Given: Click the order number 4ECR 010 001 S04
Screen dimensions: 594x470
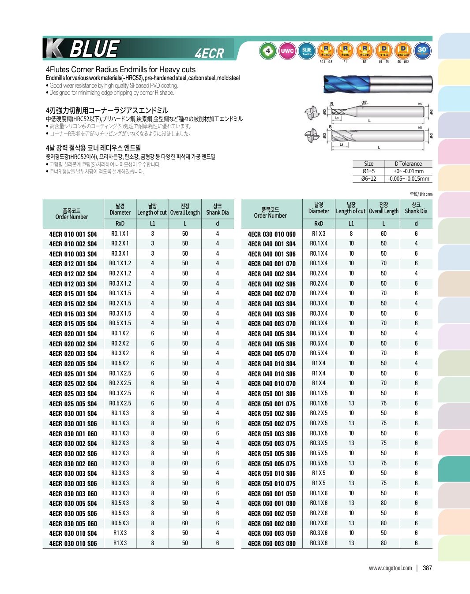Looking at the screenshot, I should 73,234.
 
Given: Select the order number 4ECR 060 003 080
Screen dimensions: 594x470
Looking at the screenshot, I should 271,543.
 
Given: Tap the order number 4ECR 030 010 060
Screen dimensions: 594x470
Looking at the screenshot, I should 271,234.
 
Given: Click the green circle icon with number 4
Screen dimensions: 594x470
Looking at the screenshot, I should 268,51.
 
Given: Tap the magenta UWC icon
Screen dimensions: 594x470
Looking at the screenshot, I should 287,51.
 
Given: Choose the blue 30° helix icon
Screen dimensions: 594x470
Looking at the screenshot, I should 422,51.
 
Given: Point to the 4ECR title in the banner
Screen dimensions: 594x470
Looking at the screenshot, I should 209,53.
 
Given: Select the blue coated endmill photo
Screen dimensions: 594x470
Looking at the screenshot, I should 377,84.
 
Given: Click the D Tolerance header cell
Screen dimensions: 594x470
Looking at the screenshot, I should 408,163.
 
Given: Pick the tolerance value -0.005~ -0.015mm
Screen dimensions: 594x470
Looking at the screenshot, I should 408,178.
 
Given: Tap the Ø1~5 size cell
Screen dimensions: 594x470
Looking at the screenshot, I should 368,171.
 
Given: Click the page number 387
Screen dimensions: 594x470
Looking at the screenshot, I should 427,568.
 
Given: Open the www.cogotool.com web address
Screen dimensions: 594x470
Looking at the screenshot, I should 390,568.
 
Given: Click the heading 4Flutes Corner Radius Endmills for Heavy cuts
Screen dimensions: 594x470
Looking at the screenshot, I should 120,70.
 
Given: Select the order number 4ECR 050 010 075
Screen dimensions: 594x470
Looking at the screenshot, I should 271,483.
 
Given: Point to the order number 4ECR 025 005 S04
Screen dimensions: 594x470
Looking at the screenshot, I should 73,404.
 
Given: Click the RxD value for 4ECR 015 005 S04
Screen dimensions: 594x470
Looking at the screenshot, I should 120,323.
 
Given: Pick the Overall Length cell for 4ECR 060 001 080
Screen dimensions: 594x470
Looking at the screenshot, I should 384,503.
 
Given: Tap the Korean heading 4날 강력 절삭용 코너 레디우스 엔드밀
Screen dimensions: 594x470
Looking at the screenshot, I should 93,148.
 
